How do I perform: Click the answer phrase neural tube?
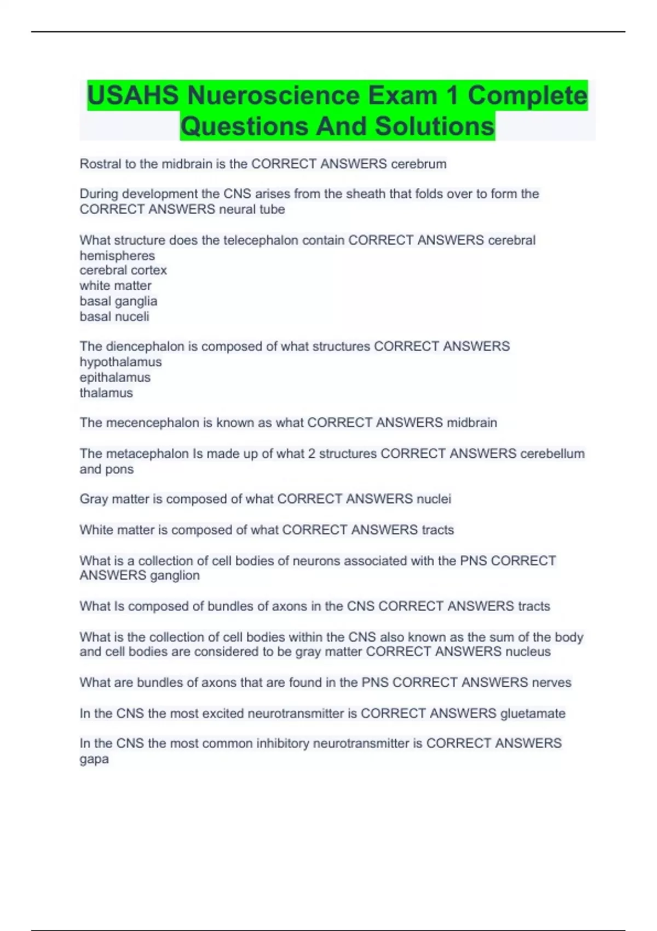tap(252, 209)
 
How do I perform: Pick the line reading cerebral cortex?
tap(123, 271)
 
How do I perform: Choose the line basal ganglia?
tap(118, 301)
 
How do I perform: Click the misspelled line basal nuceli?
tap(114, 317)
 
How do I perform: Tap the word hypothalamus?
tap(120, 362)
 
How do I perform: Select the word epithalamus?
tap(115, 377)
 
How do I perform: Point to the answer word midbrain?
tap(472, 423)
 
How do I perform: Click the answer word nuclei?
tap(434, 499)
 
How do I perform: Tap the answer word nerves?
tap(551, 682)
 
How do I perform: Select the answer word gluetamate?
tap(533, 714)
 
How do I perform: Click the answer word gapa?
tap(94, 760)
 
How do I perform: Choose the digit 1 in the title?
tap(452, 96)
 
